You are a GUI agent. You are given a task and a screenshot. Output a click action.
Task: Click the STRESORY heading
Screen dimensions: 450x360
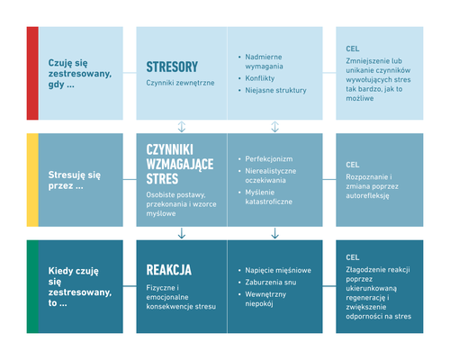point(172,67)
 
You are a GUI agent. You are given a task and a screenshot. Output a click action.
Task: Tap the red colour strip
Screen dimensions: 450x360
point(32,73)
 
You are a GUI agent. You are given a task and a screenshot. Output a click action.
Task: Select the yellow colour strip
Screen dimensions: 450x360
point(32,180)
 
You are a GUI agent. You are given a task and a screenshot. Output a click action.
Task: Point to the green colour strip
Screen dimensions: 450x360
point(32,286)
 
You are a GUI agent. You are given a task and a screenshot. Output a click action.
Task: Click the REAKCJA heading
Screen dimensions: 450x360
point(168,270)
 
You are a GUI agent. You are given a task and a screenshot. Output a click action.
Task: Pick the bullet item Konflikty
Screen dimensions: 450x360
point(260,78)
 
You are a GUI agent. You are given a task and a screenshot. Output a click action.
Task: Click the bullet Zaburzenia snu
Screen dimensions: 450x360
point(271,283)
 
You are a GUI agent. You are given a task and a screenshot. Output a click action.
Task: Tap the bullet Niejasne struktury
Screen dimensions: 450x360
point(275,90)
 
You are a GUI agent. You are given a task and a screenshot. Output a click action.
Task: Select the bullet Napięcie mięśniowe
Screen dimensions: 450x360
point(278,270)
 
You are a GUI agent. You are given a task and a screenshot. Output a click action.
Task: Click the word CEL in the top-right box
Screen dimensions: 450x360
point(353,49)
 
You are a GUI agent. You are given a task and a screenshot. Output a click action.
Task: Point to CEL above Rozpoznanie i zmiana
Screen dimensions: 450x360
point(353,165)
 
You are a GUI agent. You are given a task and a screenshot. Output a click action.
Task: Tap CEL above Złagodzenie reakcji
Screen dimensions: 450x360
point(353,257)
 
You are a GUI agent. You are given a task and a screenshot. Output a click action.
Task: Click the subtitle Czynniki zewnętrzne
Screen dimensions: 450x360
point(180,83)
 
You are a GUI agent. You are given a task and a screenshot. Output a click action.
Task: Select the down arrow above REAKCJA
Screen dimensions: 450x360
point(182,233)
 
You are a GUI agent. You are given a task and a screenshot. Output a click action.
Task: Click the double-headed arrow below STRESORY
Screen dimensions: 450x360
point(182,127)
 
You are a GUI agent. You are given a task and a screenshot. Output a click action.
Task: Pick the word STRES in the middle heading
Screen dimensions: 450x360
point(162,179)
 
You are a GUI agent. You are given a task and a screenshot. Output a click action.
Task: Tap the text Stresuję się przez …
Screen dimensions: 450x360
point(75,180)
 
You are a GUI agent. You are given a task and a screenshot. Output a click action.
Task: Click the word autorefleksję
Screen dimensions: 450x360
point(367,196)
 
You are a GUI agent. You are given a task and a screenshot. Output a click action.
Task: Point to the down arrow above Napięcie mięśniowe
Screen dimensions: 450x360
point(275,233)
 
